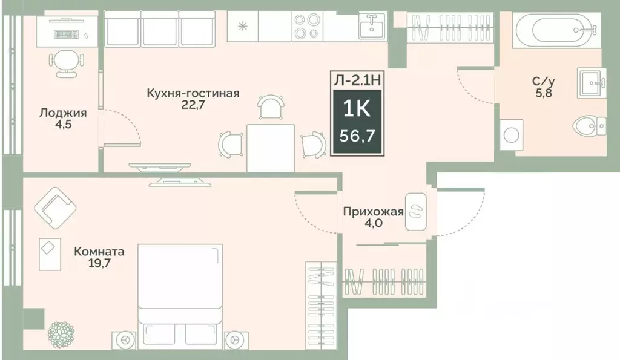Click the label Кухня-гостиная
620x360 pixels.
click(193, 93)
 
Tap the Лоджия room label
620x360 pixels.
click(63, 113)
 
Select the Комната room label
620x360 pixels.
click(99, 250)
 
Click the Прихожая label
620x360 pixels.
click(373, 211)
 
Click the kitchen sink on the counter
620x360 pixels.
click(370, 27)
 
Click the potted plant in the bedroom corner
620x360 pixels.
click(61, 333)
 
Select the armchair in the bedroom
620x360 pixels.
click(55, 206)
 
